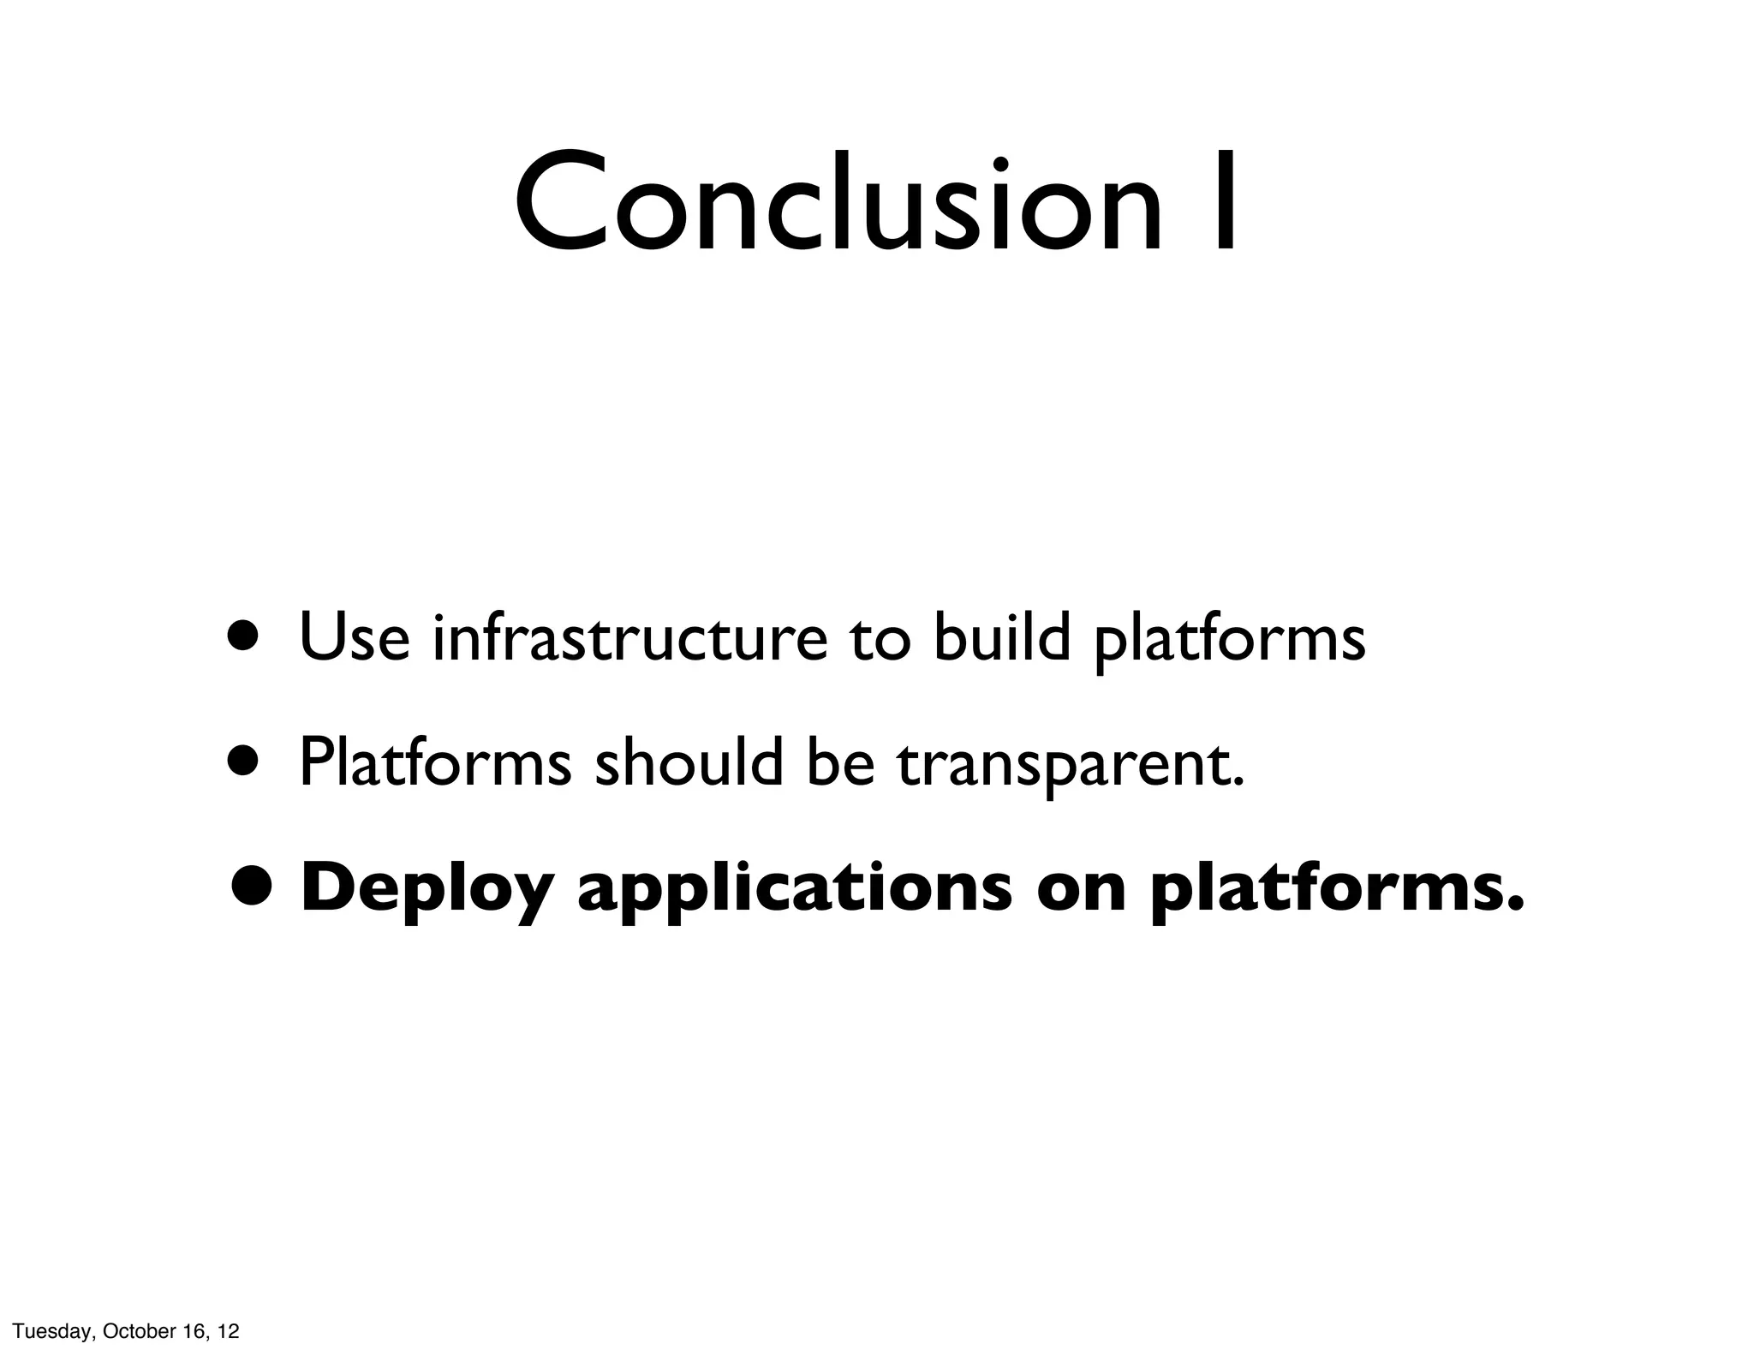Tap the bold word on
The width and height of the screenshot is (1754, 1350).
(1081, 893)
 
